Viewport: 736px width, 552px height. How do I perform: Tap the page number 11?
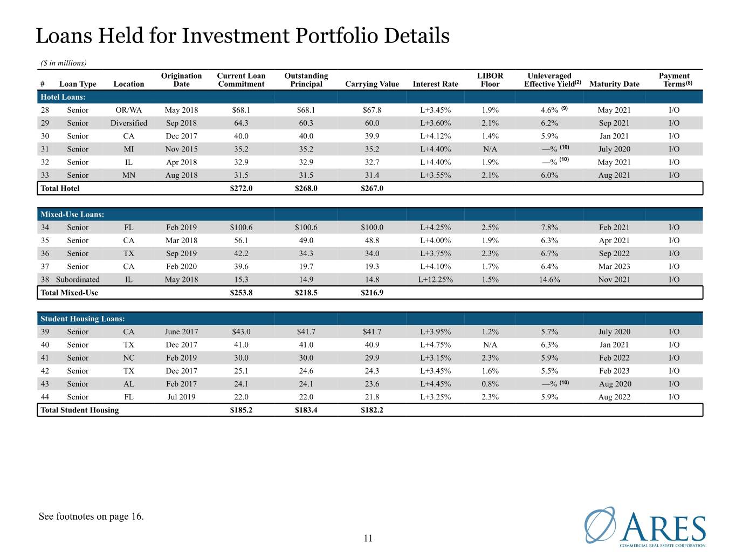point(368,538)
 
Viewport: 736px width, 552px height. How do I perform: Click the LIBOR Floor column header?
point(490,80)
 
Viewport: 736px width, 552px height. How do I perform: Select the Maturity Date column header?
point(614,84)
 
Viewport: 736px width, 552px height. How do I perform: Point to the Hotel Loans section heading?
point(63,97)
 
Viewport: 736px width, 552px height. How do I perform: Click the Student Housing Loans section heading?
point(82,319)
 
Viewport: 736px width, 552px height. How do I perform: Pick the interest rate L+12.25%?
point(435,279)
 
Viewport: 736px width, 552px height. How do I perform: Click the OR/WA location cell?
point(128,110)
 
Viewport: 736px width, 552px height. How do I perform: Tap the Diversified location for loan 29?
point(128,123)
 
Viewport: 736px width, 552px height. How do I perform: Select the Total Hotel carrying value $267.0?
point(372,188)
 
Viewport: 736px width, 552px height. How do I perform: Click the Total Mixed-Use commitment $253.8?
point(241,292)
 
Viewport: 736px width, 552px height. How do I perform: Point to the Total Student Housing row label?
point(79,410)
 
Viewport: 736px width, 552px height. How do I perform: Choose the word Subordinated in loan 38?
point(78,279)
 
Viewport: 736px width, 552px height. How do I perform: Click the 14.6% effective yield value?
point(549,279)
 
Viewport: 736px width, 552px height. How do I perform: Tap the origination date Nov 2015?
point(181,149)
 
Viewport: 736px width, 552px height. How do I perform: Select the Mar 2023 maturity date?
point(614,266)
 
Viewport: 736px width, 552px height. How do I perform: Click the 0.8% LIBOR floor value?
point(490,383)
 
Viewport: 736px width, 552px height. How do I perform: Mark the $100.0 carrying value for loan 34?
point(372,227)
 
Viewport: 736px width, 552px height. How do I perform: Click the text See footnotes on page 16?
point(91,516)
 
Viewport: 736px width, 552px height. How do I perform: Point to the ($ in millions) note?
point(64,63)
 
